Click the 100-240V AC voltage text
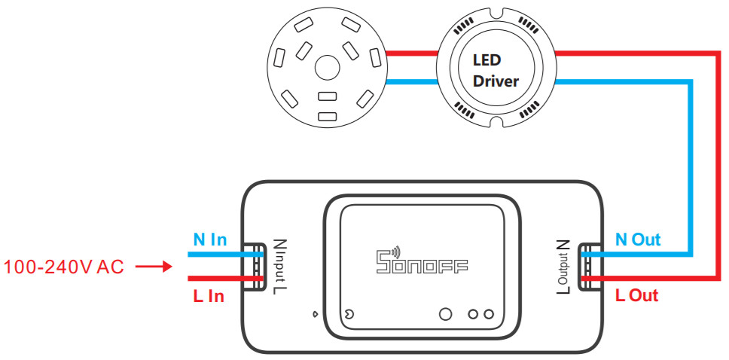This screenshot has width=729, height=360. pos(64,267)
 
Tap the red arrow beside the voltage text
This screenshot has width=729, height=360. pos(154,267)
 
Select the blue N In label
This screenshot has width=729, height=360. pos(210,240)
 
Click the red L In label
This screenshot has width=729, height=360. pos(209,296)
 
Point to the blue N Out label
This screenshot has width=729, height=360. pos(638,239)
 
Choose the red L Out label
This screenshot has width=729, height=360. pos(636,295)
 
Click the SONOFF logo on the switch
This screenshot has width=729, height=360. pos(421,261)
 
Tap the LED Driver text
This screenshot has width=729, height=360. pos(496,71)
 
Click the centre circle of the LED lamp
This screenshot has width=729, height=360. pos(328,69)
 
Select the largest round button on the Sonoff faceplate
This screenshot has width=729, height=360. pos(445,314)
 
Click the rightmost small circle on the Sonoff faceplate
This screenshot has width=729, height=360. pos(488,314)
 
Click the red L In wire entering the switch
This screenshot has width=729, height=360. pos(226,279)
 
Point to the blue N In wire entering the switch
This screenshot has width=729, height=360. pos(226,255)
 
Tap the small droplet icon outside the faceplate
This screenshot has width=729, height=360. pos(316,314)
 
